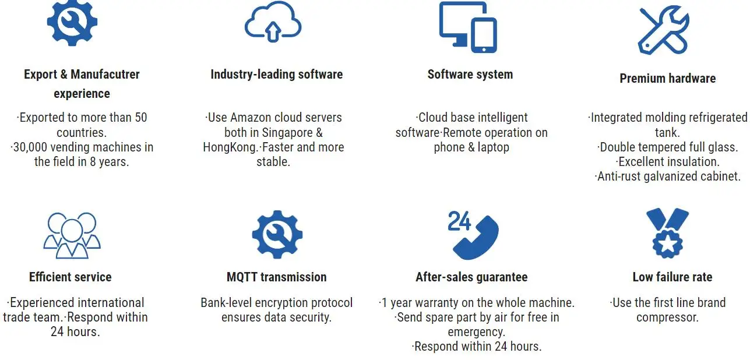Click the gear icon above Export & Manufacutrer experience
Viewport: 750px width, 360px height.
click(x=72, y=23)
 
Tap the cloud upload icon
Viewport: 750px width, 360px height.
click(x=272, y=24)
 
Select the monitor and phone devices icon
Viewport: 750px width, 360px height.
click(x=467, y=27)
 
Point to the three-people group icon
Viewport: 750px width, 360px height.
click(x=72, y=234)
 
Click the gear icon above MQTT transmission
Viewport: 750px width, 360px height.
click(x=277, y=235)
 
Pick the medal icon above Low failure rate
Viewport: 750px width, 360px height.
click(x=667, y=233)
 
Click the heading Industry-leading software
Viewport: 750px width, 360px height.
click(x=276, y=75)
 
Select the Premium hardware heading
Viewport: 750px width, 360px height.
click(x=667, y=79)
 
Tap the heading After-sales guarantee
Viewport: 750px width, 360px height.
click(x=471, y=277)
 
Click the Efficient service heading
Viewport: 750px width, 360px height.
click(x=70, y=277)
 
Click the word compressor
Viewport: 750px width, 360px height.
click(x=667, y=317)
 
